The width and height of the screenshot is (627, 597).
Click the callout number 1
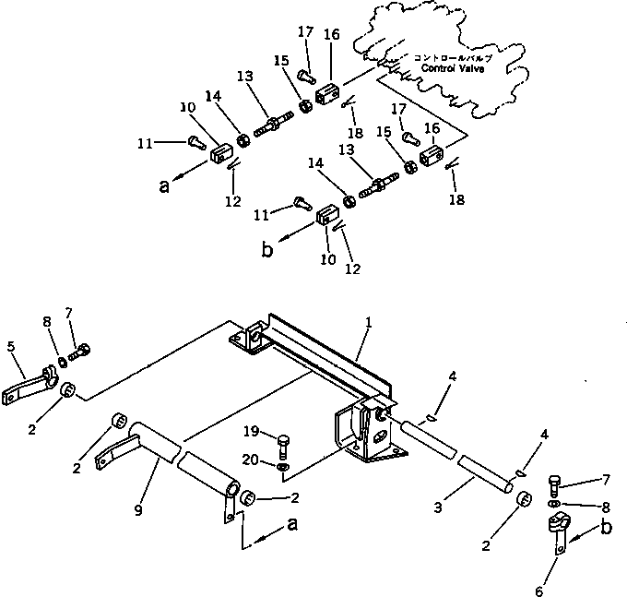pyautogui.click(x=368, y=324)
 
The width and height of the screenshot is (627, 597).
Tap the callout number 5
pyautogui.click(x=10, y=348)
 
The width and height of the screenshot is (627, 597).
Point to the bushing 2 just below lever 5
pyautogui.click(x=66, y=395)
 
